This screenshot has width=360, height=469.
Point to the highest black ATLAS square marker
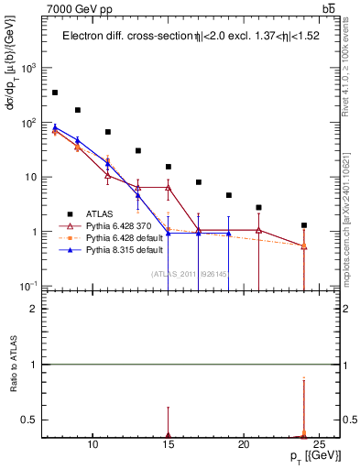point(55,93)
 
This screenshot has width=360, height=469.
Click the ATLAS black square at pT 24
point(304,225)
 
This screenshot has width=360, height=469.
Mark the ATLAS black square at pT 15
point(169,167)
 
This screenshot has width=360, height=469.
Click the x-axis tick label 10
point(93,446)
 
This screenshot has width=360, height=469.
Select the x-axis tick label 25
point(319,446)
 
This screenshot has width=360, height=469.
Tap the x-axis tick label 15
point(169,446)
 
